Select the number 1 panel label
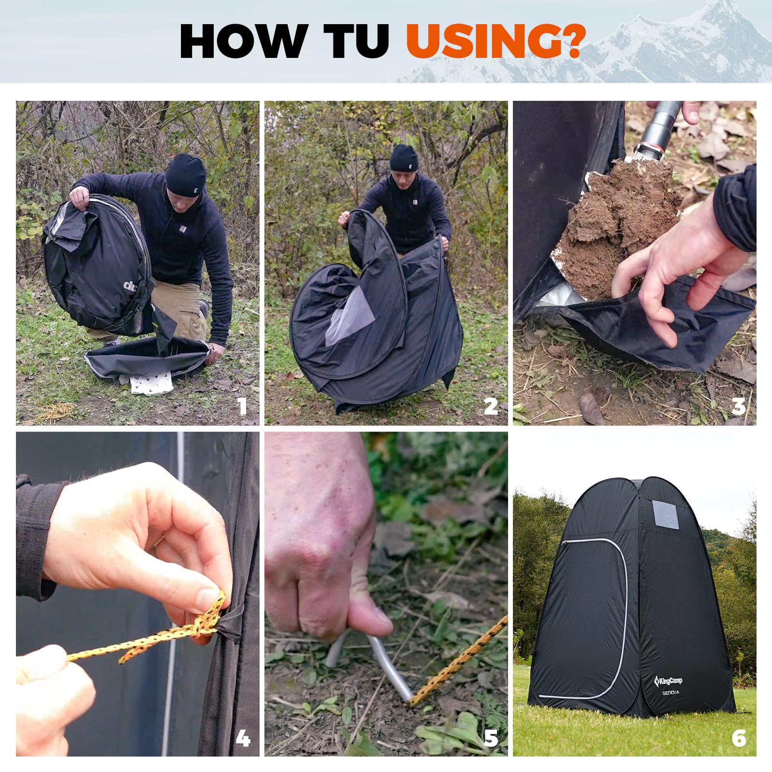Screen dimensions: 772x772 pyautogui.click(x=243, y=407)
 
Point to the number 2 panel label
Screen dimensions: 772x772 pyautogui.click(x=491, y=407)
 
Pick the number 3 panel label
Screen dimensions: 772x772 pyautogui.click(x=739, y=407)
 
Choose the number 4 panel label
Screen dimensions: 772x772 pyautogui.click(x=243, y=738)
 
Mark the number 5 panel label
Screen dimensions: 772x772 pyautogui.click(x=491, y=738)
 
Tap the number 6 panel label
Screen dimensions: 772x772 pyautogui.click(x=739, y=738)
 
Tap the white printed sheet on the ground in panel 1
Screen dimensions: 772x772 pyautogui.click(x=151, y=382)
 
